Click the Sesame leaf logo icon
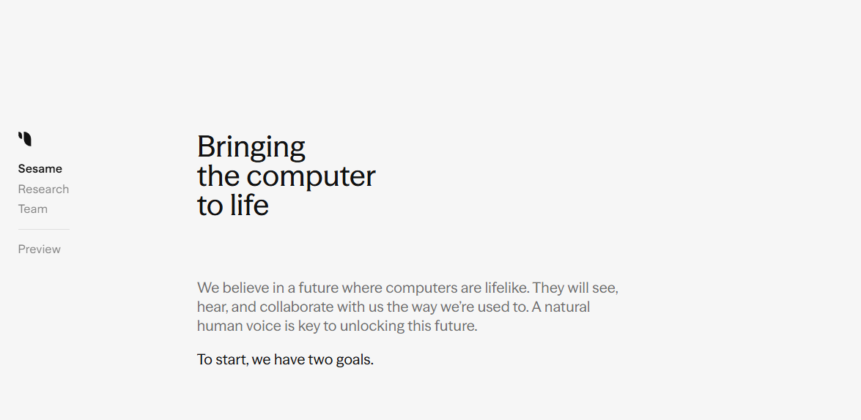tap(25, 139)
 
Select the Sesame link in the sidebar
tap(40, 169)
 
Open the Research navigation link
tap(43, 190)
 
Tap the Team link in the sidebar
tap(33, 209)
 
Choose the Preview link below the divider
tap(40, 250)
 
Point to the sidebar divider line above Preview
tap(44, 229)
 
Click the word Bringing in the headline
tap(251, 148)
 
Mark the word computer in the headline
tap(311, 176)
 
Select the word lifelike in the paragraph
tap(507, 288)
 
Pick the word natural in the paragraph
tap(567, 307)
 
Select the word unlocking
tap(372, 326)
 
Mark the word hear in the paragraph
tap(212, 307)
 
